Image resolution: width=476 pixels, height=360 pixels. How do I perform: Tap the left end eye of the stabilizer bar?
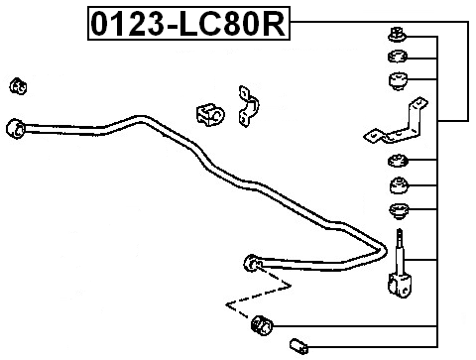click(x=16, y=128)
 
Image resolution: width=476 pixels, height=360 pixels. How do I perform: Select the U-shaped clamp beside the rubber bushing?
click(x=247, y=107)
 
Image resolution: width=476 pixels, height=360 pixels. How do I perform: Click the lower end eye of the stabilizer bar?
click(x=251, y=262)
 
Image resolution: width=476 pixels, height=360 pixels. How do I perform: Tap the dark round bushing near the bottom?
click(x=262, y=323)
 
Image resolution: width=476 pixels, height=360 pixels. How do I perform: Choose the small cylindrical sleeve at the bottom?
click(x=300, y=345)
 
